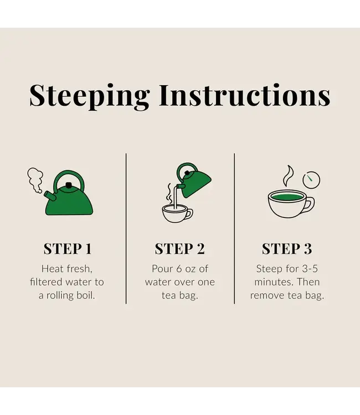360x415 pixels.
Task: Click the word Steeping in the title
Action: point(90,96)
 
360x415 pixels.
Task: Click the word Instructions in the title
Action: point(245,95)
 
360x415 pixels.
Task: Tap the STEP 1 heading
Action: point(68,249)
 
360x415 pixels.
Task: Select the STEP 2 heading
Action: point(180,249)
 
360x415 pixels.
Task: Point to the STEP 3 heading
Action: point(287,249)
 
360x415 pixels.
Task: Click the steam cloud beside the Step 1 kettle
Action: point(35,180)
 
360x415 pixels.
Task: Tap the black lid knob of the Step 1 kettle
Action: point(69,185)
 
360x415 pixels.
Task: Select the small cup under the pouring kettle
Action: point(177,214)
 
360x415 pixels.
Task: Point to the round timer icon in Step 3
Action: point(311,180)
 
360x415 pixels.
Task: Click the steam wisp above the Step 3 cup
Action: point(288,176)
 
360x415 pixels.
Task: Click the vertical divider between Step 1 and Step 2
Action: point(126,229)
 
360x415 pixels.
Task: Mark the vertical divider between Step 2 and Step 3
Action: point(234,229)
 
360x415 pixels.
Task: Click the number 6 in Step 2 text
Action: point(179,269)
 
